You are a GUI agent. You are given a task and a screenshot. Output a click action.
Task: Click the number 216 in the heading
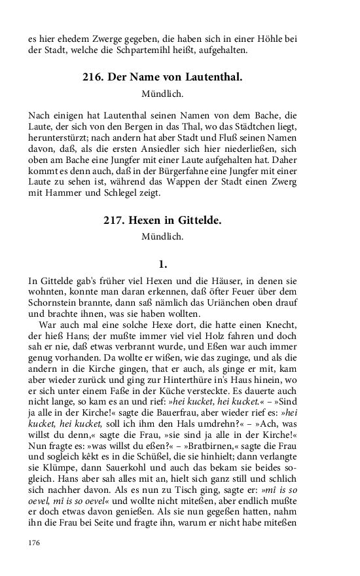coord(93,77)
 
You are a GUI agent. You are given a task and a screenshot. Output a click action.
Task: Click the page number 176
coord(35,543)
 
